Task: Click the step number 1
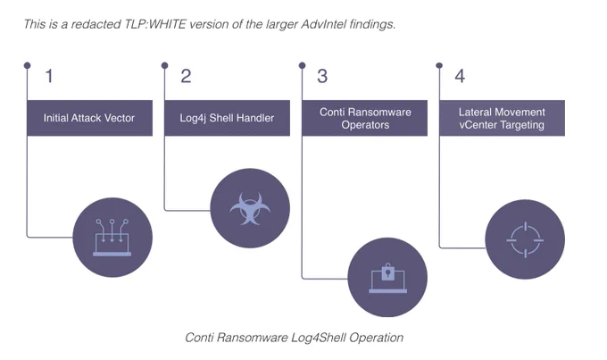coord(49,76)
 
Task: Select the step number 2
coord(186,76)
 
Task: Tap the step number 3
coord(322,76)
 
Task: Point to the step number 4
coord(460,76)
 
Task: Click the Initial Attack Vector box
coord(90,118)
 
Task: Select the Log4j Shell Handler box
coord(228,118)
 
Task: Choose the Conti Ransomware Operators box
coord(365,118)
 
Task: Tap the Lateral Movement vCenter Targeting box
coord(502,118)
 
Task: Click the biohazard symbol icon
coord(250,208)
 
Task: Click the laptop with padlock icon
coord(387,278)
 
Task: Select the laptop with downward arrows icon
coord(112,238)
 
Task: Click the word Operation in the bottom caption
coord(377,338)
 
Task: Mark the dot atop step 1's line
coord(27,65)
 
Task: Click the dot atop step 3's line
coord(303,65)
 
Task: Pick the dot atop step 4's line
coord(439,65)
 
